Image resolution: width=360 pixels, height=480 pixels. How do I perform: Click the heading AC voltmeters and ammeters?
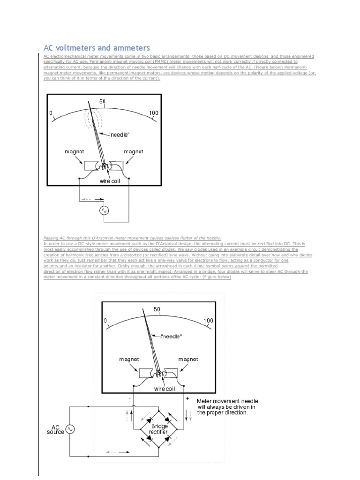click(97, 48)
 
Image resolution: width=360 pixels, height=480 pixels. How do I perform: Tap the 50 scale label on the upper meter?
click(102, 102)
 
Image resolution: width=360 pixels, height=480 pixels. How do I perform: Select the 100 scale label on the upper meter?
click(153, 113)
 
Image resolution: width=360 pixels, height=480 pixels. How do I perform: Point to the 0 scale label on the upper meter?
click(51, 113)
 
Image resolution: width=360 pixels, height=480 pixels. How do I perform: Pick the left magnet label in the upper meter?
click(74, 152)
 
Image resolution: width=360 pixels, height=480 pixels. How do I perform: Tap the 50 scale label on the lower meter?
click(157, 309)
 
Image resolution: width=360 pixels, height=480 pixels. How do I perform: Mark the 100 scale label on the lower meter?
click(208, 321)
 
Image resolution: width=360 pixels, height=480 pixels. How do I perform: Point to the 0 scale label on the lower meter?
click(106, 321)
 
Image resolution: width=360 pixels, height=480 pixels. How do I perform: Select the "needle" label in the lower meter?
click(171, 336)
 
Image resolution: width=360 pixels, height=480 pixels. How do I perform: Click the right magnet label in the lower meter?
click(188, 360)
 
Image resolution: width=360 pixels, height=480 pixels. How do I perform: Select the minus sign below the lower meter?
click(129, 397)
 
